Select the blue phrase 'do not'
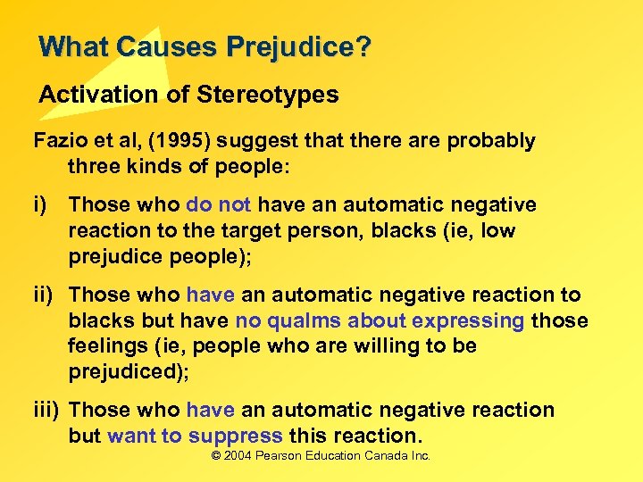click(x=217, y=205)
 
